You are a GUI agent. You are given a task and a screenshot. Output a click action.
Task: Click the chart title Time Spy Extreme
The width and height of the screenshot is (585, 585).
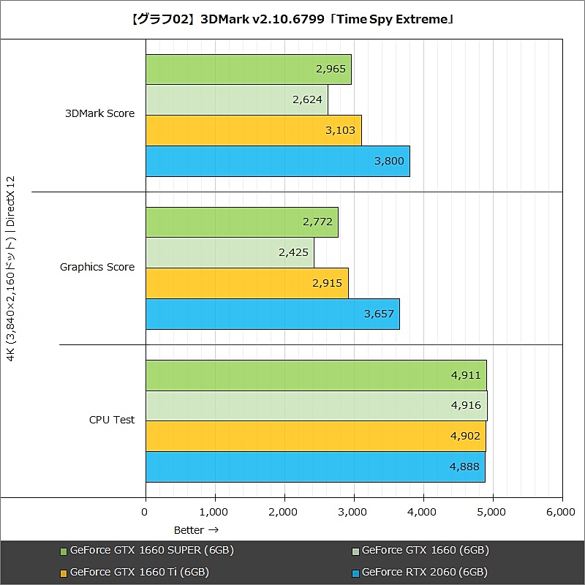(292, 19)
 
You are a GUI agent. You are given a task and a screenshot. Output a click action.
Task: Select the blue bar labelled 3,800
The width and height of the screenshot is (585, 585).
(277, 162)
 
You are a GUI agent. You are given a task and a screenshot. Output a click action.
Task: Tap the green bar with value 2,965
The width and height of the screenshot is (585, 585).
(248, 69)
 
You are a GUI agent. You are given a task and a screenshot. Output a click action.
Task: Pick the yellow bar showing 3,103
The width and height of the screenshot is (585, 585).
(253, 131)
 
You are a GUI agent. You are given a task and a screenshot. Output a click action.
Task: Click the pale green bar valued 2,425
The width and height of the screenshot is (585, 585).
(230, 253)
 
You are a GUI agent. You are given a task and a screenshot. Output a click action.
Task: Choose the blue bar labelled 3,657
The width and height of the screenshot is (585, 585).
(272, 314)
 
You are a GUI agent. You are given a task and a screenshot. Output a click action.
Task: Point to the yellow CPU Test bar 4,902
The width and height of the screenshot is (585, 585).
(315, 437)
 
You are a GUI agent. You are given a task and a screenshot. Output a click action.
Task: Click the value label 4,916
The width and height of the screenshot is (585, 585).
(466, 406)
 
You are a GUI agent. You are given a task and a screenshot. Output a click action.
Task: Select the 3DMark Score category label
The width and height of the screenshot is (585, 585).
(100, 113)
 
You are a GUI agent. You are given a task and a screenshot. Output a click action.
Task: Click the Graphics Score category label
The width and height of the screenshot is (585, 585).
(97, 267)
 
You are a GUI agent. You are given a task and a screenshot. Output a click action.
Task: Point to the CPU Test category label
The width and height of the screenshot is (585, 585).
(112, 420)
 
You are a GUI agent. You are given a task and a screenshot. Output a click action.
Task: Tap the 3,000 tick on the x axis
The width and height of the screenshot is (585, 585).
(353, 513)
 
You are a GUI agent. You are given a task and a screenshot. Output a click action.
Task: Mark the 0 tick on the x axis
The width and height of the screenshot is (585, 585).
(146, 513)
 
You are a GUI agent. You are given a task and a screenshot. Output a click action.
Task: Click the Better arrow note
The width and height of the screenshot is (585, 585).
(196, 529)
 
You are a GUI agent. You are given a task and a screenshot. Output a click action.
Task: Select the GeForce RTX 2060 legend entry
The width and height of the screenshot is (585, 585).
(424, 572)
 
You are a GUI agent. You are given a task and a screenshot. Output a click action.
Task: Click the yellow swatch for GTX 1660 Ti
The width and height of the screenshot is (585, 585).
(64, 573)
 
